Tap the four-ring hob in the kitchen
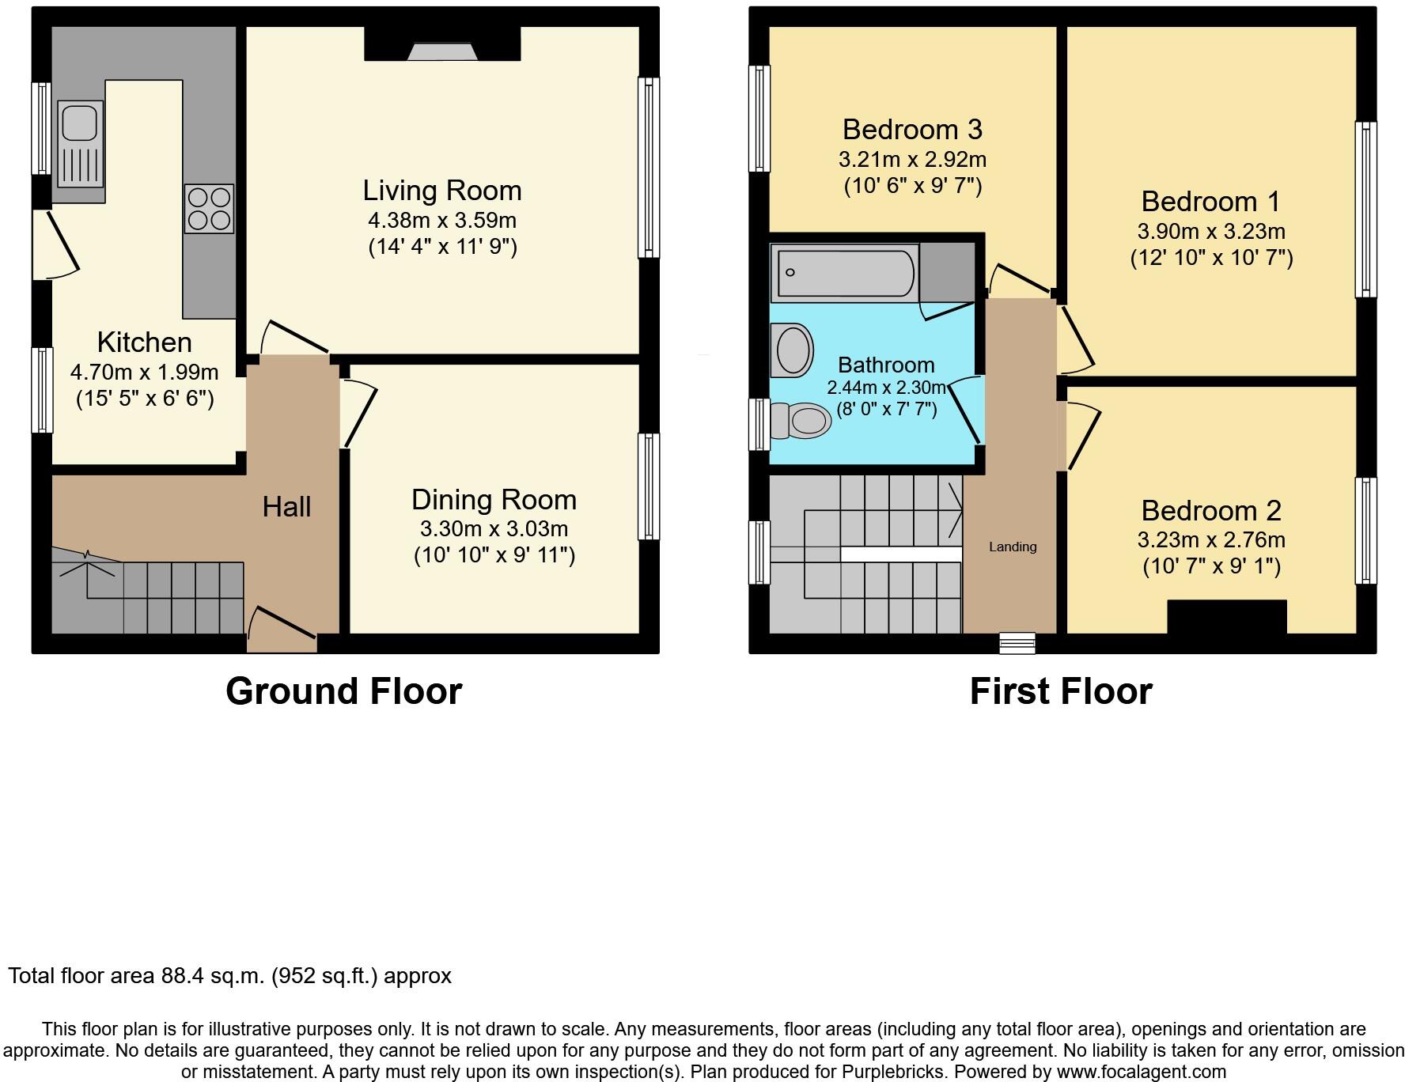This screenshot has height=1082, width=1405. click(210, 209)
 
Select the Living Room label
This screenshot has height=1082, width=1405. click(442, 191)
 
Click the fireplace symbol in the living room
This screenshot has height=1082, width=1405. click(442, 51)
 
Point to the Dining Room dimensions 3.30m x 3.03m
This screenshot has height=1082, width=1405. click(494, 528)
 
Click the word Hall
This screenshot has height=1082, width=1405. click(286, 507)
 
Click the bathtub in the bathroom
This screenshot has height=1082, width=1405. click(845, 273)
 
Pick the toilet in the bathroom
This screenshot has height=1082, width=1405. click(801, 421)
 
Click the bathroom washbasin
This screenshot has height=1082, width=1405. click(793, 350)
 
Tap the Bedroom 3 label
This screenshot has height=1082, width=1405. click(912, 129)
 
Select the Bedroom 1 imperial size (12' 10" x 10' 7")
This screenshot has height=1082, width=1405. click(1211, 258)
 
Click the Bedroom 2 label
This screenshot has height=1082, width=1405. click(1211, 511)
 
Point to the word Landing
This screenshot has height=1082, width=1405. click(1013, 547)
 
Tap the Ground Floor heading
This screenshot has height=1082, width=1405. click(343, 691)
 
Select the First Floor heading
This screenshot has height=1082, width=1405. click(1061, 691)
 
